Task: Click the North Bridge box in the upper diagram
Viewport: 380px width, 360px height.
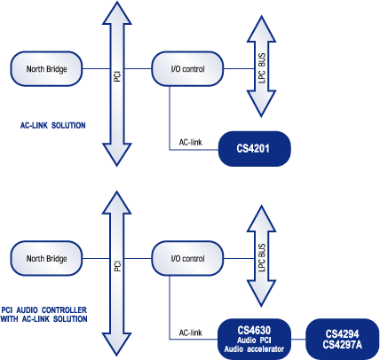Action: (x=46, y=69)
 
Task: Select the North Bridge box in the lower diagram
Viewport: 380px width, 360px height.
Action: (x=46, y=259)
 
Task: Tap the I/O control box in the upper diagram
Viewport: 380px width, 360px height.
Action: (x=187, y=69)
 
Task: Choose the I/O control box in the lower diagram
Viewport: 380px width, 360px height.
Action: (x=187, y=259)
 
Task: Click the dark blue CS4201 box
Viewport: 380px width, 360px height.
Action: (x=255, y=149)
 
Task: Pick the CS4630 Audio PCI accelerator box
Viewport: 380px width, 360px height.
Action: (x=255, y=339)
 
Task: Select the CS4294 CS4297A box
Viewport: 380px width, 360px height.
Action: (x=343, y=339)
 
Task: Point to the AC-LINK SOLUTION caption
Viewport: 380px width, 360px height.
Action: (x=53, y=125)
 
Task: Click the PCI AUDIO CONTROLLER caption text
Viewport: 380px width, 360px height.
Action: (x=44, y=310)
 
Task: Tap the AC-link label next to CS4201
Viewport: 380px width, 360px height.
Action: (x=191, y=142)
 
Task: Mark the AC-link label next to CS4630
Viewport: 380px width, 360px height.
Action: (x=191, y=333)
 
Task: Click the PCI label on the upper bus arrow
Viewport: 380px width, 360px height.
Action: (x=117, y=76)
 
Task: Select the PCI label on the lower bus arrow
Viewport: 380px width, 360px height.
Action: (x=117, y=266)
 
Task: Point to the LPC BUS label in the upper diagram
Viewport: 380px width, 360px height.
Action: (x=262, y=68)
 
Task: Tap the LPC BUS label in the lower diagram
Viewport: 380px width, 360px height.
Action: (x=262, y=258)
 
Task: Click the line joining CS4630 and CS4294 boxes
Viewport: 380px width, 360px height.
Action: (x=298, y=339)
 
